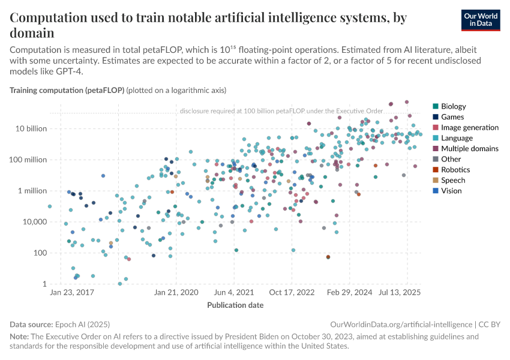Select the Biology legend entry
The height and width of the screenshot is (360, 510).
pyautogui.click(x=453, y=107)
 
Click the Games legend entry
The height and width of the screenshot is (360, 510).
pyautogui.click(x=452, y=117)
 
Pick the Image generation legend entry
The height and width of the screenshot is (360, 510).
pyautogui.click(x=469, y=128)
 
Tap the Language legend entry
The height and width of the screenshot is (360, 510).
pyautogui.click(x=457, y=138)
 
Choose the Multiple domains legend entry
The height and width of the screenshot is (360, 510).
pyautogui.click(x=469, y=149)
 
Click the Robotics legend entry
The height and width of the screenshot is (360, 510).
pyautogui.click(x=455, y=170)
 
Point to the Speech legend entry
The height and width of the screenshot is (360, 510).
pyautogui.click(x=453, y=180)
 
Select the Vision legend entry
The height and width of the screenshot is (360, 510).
pyautogui.click(x=452, y=191)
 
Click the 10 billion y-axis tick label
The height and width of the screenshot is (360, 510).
pyautogui.click(x=30, y=128)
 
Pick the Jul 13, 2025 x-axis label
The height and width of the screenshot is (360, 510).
pyautogui.click(x=403, y=293)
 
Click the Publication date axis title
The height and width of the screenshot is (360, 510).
pyautogui.click(x=235, y=305)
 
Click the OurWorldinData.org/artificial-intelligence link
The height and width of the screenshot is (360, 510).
pyautogui.click(x=401, y=324)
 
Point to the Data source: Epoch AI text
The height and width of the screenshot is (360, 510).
pyautogui.click(x=59, y=324)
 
